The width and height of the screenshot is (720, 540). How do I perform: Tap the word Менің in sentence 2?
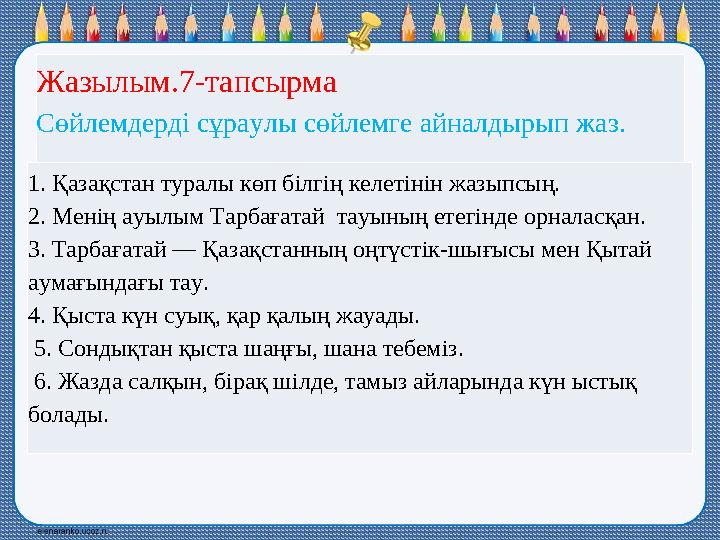pos(79,217)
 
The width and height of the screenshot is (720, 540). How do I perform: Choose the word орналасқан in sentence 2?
pos(594,217)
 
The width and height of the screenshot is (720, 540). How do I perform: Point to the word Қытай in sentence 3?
pos(622,250)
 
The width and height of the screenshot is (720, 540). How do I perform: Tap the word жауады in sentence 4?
pos(381,316)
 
